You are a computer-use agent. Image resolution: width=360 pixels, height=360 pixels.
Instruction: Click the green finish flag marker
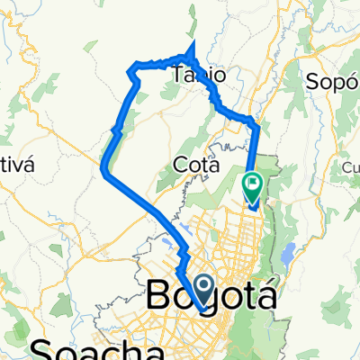pyautogui.click(x=253, y=185)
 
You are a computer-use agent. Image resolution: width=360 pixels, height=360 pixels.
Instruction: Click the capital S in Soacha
pyautogui.click(x=42, y=349)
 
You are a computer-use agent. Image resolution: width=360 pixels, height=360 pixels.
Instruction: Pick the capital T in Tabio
pyautogui.click(x=178, y=75)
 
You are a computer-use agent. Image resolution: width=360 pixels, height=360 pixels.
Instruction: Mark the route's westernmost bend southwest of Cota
pyautogui.click(x=104, y=170)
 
